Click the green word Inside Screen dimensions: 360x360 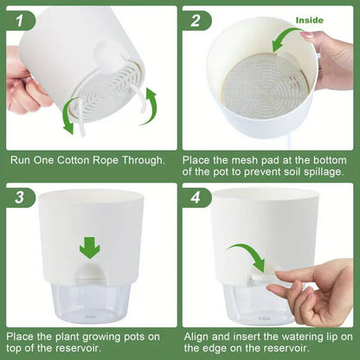(x=310, y=19)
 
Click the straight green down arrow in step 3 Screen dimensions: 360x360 (x=89, y=247)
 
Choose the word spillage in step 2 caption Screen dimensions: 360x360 (x=320, y=172)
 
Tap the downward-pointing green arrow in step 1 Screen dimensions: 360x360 (x=67, y=121)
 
